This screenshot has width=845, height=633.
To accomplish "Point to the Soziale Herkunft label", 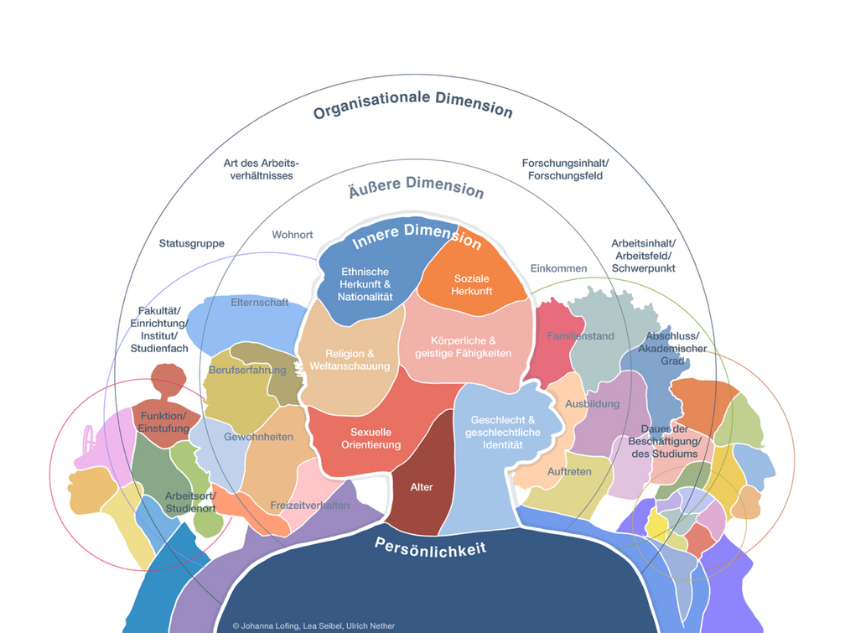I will pyautogui.click(x=471, y=284).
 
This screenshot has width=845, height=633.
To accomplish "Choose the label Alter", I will pyautogui.click(x=422, y=487).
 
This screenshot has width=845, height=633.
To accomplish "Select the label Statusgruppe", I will pyautogui.click(x=192, y=244).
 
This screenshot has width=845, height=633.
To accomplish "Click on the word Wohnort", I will pyautogui.click(x=293, y=235).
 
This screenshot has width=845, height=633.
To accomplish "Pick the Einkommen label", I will pyautogui.click(x=558, y=268).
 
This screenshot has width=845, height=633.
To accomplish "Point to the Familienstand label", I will pyautogui.click(x=580, y=336).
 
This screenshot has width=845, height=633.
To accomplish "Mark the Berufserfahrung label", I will pyautogui.click(x=248, y=370).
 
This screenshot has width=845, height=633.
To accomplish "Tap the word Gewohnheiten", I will pyautogui.click(x=258, y=437).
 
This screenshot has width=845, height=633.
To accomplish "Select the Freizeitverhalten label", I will pyautogui.click(x=309, y=506).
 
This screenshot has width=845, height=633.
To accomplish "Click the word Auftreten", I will pyautogui.click(x=569, y=471).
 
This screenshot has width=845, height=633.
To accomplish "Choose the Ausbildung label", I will pyautogui.click(x=593, y=403).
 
